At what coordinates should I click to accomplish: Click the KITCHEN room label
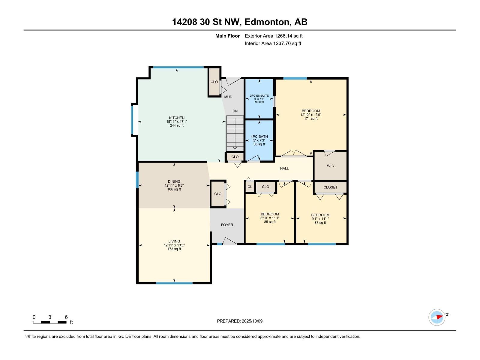[177, 118]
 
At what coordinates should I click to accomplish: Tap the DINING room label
[174, 181]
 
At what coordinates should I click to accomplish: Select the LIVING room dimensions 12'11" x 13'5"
[174, 245]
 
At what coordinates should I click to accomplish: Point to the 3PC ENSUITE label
[259, 96]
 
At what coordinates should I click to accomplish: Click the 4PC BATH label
[259, 136]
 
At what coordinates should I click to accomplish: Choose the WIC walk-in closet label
[330, 166]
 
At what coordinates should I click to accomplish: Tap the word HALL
[284, 169]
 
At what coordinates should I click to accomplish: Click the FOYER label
[227, 225]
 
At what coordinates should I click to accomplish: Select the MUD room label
[228, 97]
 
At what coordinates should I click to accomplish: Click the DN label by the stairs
[235, 111]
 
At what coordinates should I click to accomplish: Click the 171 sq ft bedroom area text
[311, 119]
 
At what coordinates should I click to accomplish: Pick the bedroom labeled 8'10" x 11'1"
[270, 218]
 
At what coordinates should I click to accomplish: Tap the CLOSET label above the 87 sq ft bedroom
[330, 187]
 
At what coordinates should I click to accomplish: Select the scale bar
[50, 322]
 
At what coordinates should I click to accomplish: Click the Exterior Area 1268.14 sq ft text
[274, 36]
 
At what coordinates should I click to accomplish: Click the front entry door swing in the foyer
[229, 241]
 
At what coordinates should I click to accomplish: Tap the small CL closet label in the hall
[250, 187]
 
